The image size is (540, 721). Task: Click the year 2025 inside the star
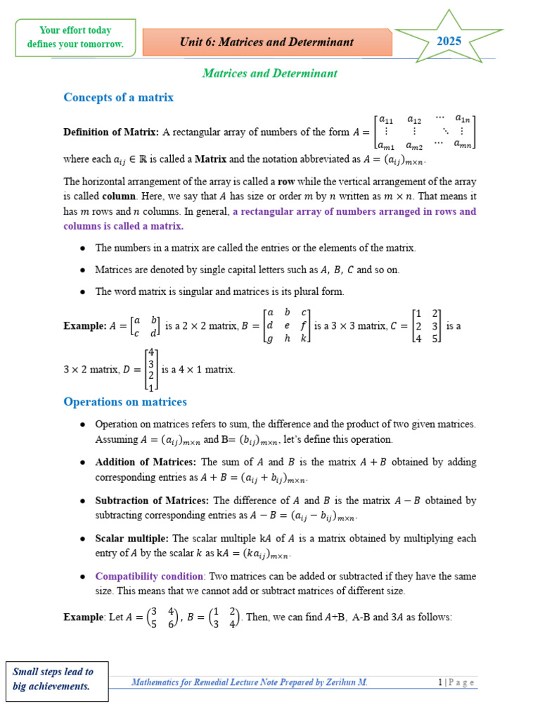(x=449, y=41)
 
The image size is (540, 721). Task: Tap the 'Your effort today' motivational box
(x=75, y=37)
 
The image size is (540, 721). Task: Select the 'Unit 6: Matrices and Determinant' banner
(x=266, y=42)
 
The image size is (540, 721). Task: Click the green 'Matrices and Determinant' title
(x=269, y=73)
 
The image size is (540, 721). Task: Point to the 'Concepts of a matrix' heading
(x=118, y=97)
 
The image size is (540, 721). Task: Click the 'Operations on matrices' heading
(x=125, y=401)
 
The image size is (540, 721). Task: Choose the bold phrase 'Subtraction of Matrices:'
(x=152, y=500)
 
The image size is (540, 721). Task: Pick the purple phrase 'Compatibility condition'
(x=149, y=575)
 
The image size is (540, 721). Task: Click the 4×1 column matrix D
(x=151, y=369)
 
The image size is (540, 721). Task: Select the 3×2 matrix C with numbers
(x=427, y=326)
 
